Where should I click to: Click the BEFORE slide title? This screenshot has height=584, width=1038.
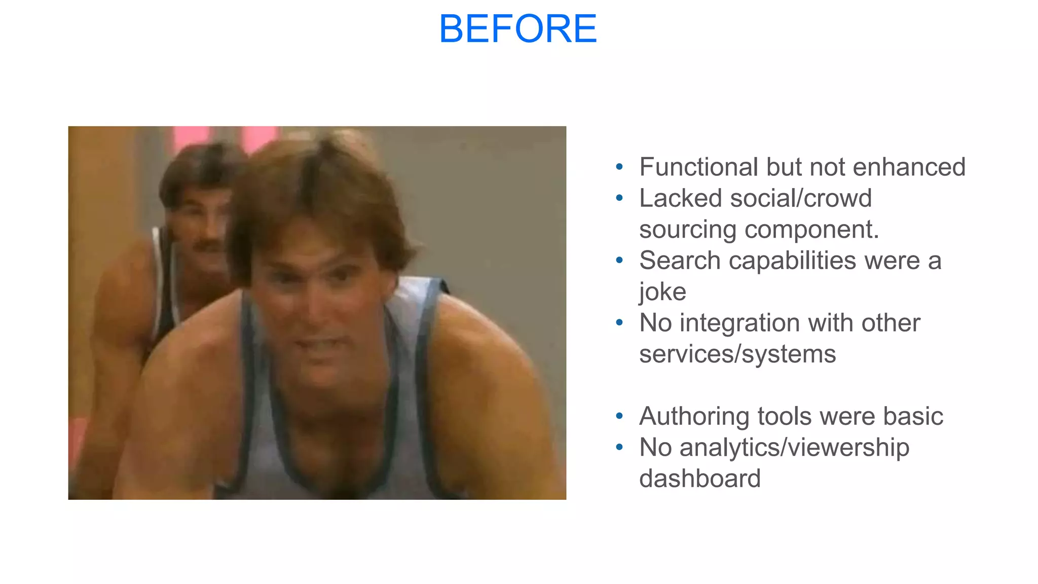click(518, 29)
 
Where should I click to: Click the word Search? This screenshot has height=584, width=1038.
click(680, 261)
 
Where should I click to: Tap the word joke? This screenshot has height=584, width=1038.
click(662, 292)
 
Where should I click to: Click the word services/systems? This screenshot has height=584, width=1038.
click(737, 354)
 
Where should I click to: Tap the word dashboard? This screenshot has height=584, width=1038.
click(700, 479)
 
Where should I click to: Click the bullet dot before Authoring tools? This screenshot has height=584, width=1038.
click(619, 416)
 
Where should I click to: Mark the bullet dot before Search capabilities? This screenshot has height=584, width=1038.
click(619, 261)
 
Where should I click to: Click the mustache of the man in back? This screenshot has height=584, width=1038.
click(209, 246)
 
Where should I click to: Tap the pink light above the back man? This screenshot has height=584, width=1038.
click(190, 136)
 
